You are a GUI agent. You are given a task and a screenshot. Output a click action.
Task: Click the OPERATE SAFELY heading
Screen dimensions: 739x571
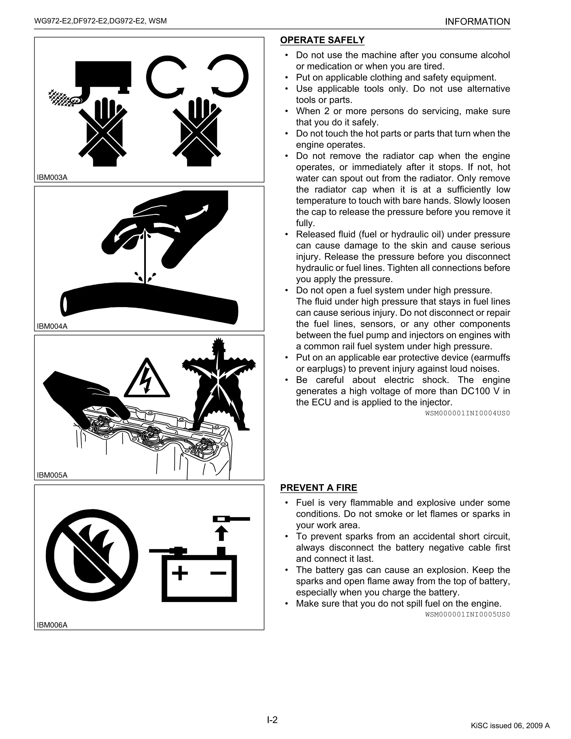click(x=322, y=40)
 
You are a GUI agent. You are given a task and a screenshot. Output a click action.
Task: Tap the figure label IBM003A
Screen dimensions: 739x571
click(x=52, y=177)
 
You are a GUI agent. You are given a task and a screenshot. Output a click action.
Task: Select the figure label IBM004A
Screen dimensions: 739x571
click(x=52, y=326)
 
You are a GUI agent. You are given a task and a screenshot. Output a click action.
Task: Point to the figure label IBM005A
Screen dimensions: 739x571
click(x=52, y=475)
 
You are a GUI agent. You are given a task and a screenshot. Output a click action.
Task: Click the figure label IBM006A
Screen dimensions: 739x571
click(x=52, y=625)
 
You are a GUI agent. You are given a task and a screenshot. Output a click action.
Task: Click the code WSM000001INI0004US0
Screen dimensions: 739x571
click(x=467, y=413)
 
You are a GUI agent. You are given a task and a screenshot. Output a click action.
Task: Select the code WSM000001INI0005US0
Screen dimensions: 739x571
click(x=467, y=614)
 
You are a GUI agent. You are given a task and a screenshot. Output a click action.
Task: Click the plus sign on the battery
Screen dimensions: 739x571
click(x=180, y=573)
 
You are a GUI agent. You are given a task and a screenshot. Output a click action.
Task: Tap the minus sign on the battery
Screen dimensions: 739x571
click(x=218, y=573)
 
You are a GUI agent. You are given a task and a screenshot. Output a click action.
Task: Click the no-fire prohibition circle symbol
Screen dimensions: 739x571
click(x=92, y=555)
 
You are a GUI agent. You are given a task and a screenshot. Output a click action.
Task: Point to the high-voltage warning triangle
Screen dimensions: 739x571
click(x=147, y=379)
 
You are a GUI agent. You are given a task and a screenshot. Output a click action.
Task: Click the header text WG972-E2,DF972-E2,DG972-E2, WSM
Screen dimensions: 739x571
click(x=100, y=21)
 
